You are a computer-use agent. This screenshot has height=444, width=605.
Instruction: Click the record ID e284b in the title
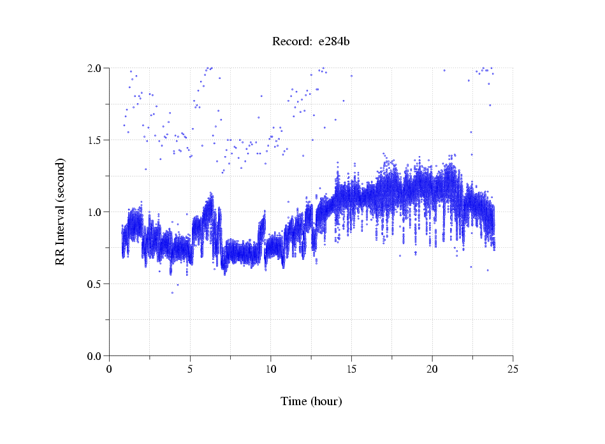coord(333,42)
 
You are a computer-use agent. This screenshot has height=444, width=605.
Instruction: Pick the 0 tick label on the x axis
coord(109,369)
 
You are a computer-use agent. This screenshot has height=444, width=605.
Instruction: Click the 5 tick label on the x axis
coord(190,369)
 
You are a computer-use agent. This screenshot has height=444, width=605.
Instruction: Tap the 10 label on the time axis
coord(270,369)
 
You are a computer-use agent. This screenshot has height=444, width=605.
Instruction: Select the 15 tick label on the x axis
coord(351,369)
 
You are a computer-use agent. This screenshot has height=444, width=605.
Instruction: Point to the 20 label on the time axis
coord(432,369)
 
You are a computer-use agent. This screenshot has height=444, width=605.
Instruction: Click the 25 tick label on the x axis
coord(513,369)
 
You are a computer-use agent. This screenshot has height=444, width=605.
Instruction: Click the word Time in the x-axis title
coord(294,401)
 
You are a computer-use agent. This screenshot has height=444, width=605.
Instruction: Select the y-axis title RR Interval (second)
coord(60,212)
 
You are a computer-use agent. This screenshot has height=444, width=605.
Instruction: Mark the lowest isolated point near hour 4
coord(172,292)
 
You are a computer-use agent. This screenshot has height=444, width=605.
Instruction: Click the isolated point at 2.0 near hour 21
coord(444,70)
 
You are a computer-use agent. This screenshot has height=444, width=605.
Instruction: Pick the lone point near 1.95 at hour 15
coord(351,76)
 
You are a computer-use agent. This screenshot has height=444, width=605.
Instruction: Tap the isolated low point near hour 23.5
coord(488,270)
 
